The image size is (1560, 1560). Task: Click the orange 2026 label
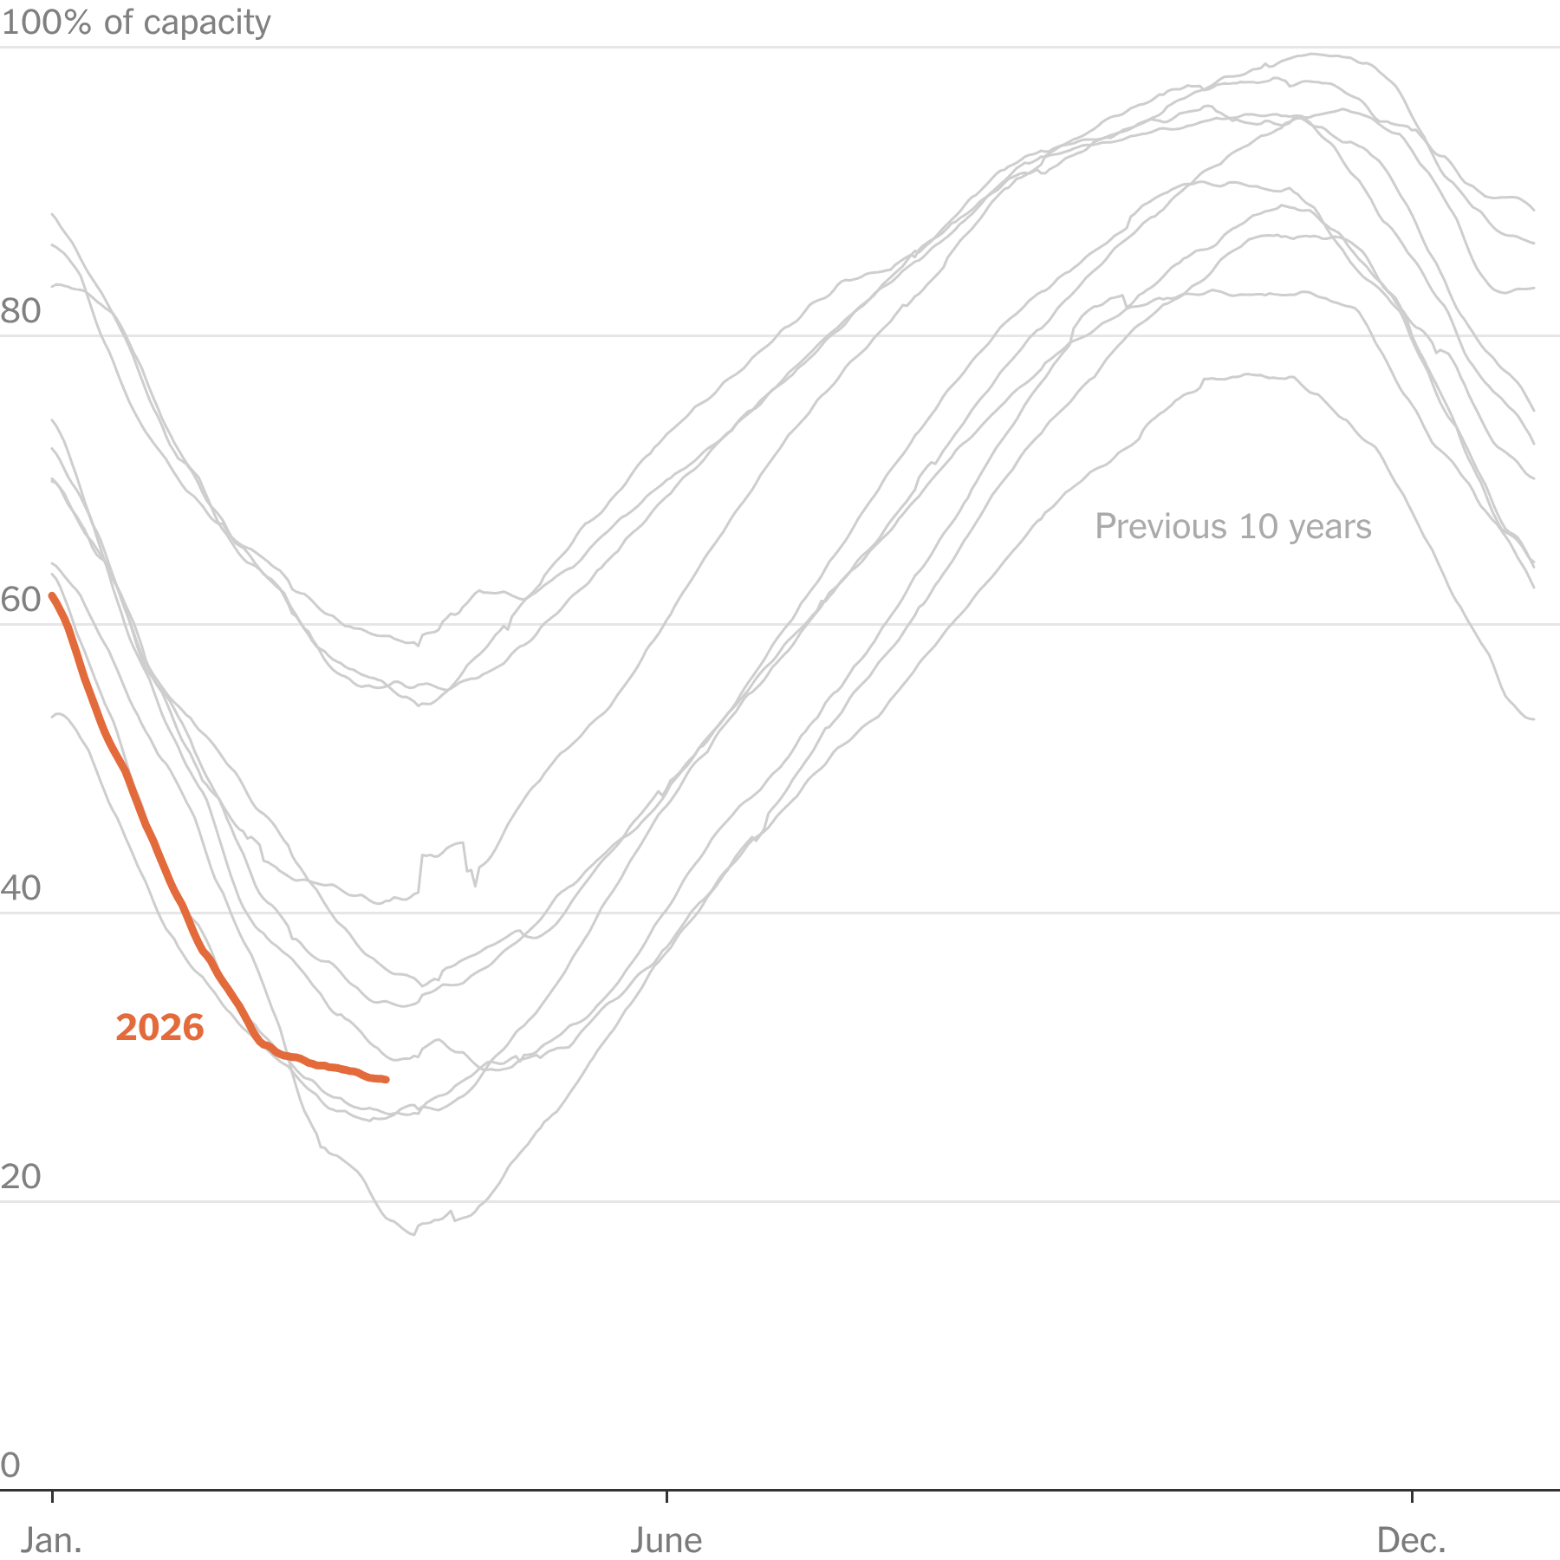point(159,1028)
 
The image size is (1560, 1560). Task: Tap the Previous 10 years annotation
point(1232,527)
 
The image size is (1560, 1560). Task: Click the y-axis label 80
point(21,311)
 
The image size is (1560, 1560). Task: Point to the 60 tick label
point(21,600)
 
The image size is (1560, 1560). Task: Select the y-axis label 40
point(21,888)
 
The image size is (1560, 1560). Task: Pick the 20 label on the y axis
point(21,1177)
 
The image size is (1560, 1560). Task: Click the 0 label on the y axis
point(10,1466)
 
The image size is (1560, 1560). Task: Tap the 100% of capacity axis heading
point(136,23)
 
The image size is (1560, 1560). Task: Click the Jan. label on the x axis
point(52,1540)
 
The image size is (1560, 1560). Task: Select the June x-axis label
point(666,1540)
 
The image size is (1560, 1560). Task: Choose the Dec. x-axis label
point(1412,1540)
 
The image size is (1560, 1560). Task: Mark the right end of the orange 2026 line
point(387,1080)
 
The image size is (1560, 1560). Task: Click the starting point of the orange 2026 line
point(52,595)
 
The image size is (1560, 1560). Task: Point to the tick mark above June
point(666,1496)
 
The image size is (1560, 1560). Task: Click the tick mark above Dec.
point(1413,1496)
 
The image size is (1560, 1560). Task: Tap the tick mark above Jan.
point(53,1496)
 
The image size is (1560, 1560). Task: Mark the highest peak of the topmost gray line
point(1313,54)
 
